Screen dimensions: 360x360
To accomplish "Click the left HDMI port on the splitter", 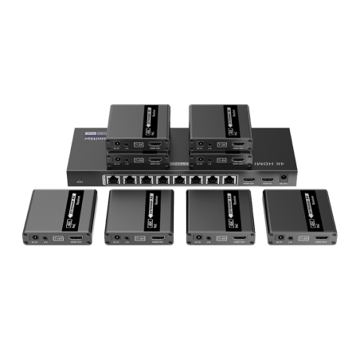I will [249, 180].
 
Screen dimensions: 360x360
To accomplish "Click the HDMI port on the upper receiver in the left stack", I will [155, 145].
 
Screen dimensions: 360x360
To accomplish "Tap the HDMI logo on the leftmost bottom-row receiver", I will [57, 237].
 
